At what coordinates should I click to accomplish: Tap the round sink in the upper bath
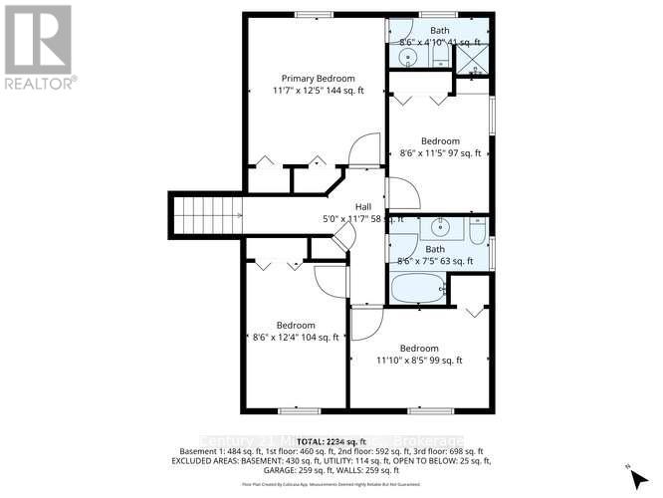[407, 58]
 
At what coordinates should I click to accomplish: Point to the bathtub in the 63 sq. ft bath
[417, 290]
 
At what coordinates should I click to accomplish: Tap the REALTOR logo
[40, 45]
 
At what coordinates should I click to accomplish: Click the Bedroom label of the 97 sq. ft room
[440, 140]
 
